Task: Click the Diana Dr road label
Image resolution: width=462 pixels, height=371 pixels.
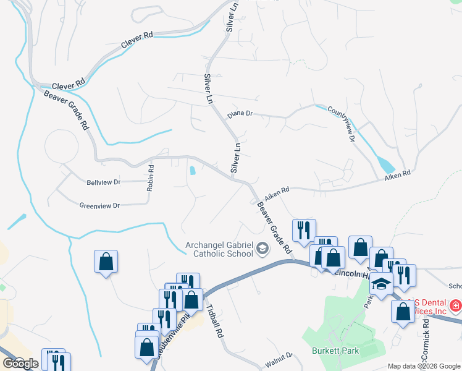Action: pyautogui.click(x=240, y=114)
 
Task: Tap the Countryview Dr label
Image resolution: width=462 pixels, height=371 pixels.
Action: pyautogui.click(x=342, y=124)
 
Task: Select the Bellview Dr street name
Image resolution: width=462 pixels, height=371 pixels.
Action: pyautogui.click(x=104, y=182)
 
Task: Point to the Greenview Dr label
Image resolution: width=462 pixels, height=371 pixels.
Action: pyautogui.click(x=99, y=205)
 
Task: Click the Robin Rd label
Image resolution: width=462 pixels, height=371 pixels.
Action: pyautogui.click(x=150, y=177)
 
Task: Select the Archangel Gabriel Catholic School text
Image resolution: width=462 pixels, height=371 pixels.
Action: pyautogui.click(x=219, y=249)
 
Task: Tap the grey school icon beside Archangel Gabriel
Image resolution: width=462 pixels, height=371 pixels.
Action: pyautogui.click(x=262, y=249)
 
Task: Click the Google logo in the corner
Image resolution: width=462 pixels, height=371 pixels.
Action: pyautogui.click(x=20, y=363)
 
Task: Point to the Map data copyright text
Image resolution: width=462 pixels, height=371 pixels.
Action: pyautogui.click(x=424, y=366)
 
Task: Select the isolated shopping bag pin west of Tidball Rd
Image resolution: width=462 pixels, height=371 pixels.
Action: pyautogui.click(x=106, y=261)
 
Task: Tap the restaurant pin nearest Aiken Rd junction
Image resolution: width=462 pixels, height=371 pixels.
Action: pyautogui.click(x=303, y=231)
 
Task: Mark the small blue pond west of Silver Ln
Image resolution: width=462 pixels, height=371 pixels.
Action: pyautogui.click(x=193, y=170)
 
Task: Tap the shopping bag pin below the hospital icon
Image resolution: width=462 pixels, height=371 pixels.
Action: pyautogui.click(x=403, y=312)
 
